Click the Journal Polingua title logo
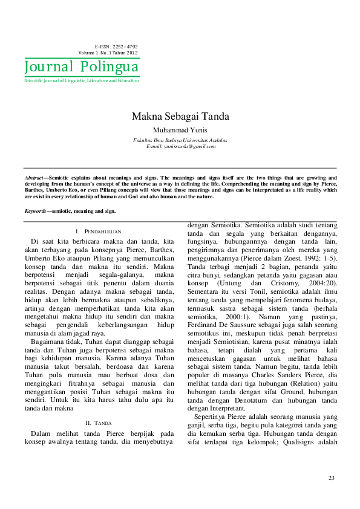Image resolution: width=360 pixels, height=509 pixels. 81,66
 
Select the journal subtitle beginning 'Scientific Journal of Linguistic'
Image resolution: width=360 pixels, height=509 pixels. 81,80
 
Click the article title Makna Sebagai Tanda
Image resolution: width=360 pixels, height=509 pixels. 180,117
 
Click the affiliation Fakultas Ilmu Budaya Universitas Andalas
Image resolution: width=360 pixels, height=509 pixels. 180,140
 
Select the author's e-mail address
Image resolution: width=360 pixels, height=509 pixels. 180,146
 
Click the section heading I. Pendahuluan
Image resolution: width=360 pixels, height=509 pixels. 99,232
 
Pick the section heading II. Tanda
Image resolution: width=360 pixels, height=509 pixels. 99,423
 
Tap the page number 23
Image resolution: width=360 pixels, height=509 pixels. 331,478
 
